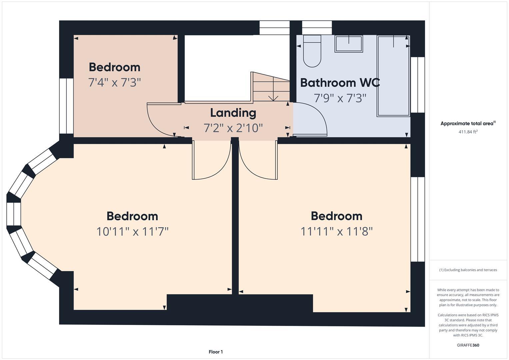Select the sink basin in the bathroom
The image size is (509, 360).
point(348,44)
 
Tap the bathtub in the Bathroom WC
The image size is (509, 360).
point(393,76)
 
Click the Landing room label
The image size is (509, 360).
point(233,113)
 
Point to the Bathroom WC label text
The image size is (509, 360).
point(340,83)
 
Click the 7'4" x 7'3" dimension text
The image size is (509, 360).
point(114,82)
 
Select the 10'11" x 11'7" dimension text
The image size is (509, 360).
point(132,231)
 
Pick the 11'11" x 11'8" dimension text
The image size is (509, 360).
point(336,231)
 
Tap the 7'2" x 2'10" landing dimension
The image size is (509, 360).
point(233,128)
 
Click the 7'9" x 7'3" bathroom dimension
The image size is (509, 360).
point(340,98)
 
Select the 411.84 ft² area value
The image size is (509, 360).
point(468,132)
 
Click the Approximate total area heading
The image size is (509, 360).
point(468,123)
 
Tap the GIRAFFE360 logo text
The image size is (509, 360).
point(468,345)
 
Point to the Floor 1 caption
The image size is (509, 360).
point(216,352)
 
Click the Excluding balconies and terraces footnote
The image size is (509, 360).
point(468,270)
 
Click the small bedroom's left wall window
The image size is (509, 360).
point(66,106)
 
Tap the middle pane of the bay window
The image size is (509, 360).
point(14,214)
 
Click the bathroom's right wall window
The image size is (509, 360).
point(418,85)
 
